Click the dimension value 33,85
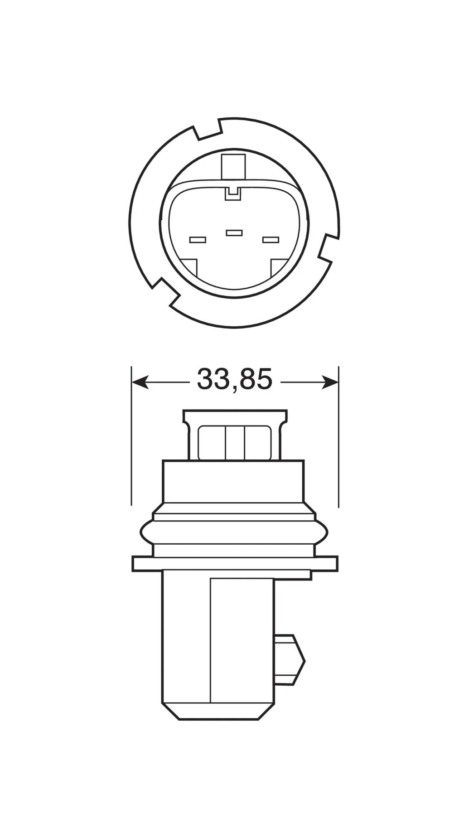tap(234, 379)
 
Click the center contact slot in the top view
tap(234, 233)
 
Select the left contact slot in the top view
tap(198, 239)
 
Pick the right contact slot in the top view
tap(271, 239)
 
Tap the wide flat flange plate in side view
tap(234, 563)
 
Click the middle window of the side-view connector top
tap(235, 443)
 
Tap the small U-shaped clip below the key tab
tap(234, 194)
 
